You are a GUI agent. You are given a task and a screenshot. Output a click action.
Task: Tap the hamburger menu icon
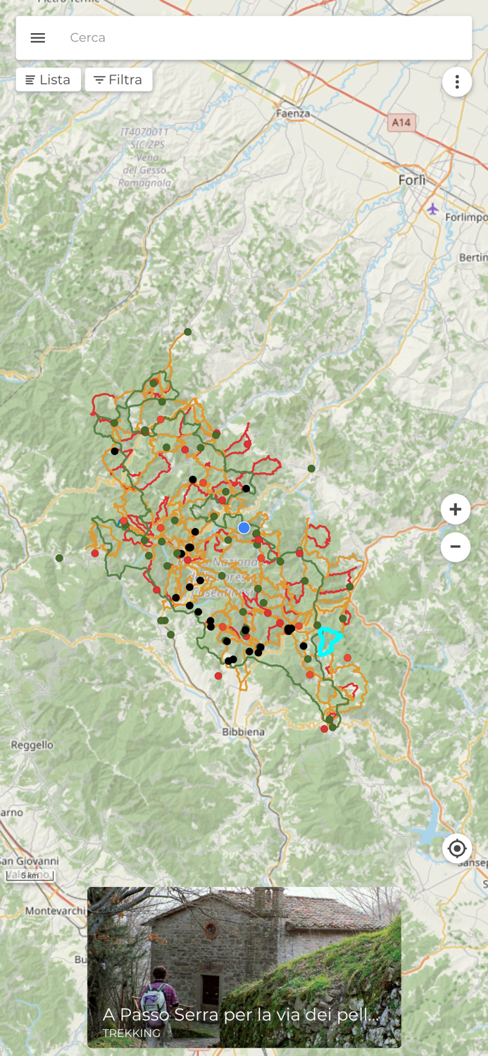[38, 38]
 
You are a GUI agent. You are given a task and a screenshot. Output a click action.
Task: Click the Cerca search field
[261, 38]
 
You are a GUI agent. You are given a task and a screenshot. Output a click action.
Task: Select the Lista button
[48, 80]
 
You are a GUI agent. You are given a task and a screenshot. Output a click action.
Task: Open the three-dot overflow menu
[457, 82]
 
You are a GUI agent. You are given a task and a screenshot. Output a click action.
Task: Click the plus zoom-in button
[456, 509]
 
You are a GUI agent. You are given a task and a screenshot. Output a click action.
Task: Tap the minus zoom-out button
[456, 546]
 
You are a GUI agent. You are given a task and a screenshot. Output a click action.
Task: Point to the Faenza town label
[293, 113]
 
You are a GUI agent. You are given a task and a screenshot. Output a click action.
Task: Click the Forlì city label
[412, 180]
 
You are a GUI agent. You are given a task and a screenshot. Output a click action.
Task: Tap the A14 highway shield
[401, 122]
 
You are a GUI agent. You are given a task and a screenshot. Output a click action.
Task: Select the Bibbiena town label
[243, 731]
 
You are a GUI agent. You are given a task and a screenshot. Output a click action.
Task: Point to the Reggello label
[32, 745]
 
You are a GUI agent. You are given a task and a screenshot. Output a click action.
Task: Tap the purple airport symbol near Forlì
[432, 209]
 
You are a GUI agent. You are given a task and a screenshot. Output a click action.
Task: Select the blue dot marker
[244, 527]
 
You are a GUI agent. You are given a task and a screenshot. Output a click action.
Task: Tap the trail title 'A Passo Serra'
[239, 1014]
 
